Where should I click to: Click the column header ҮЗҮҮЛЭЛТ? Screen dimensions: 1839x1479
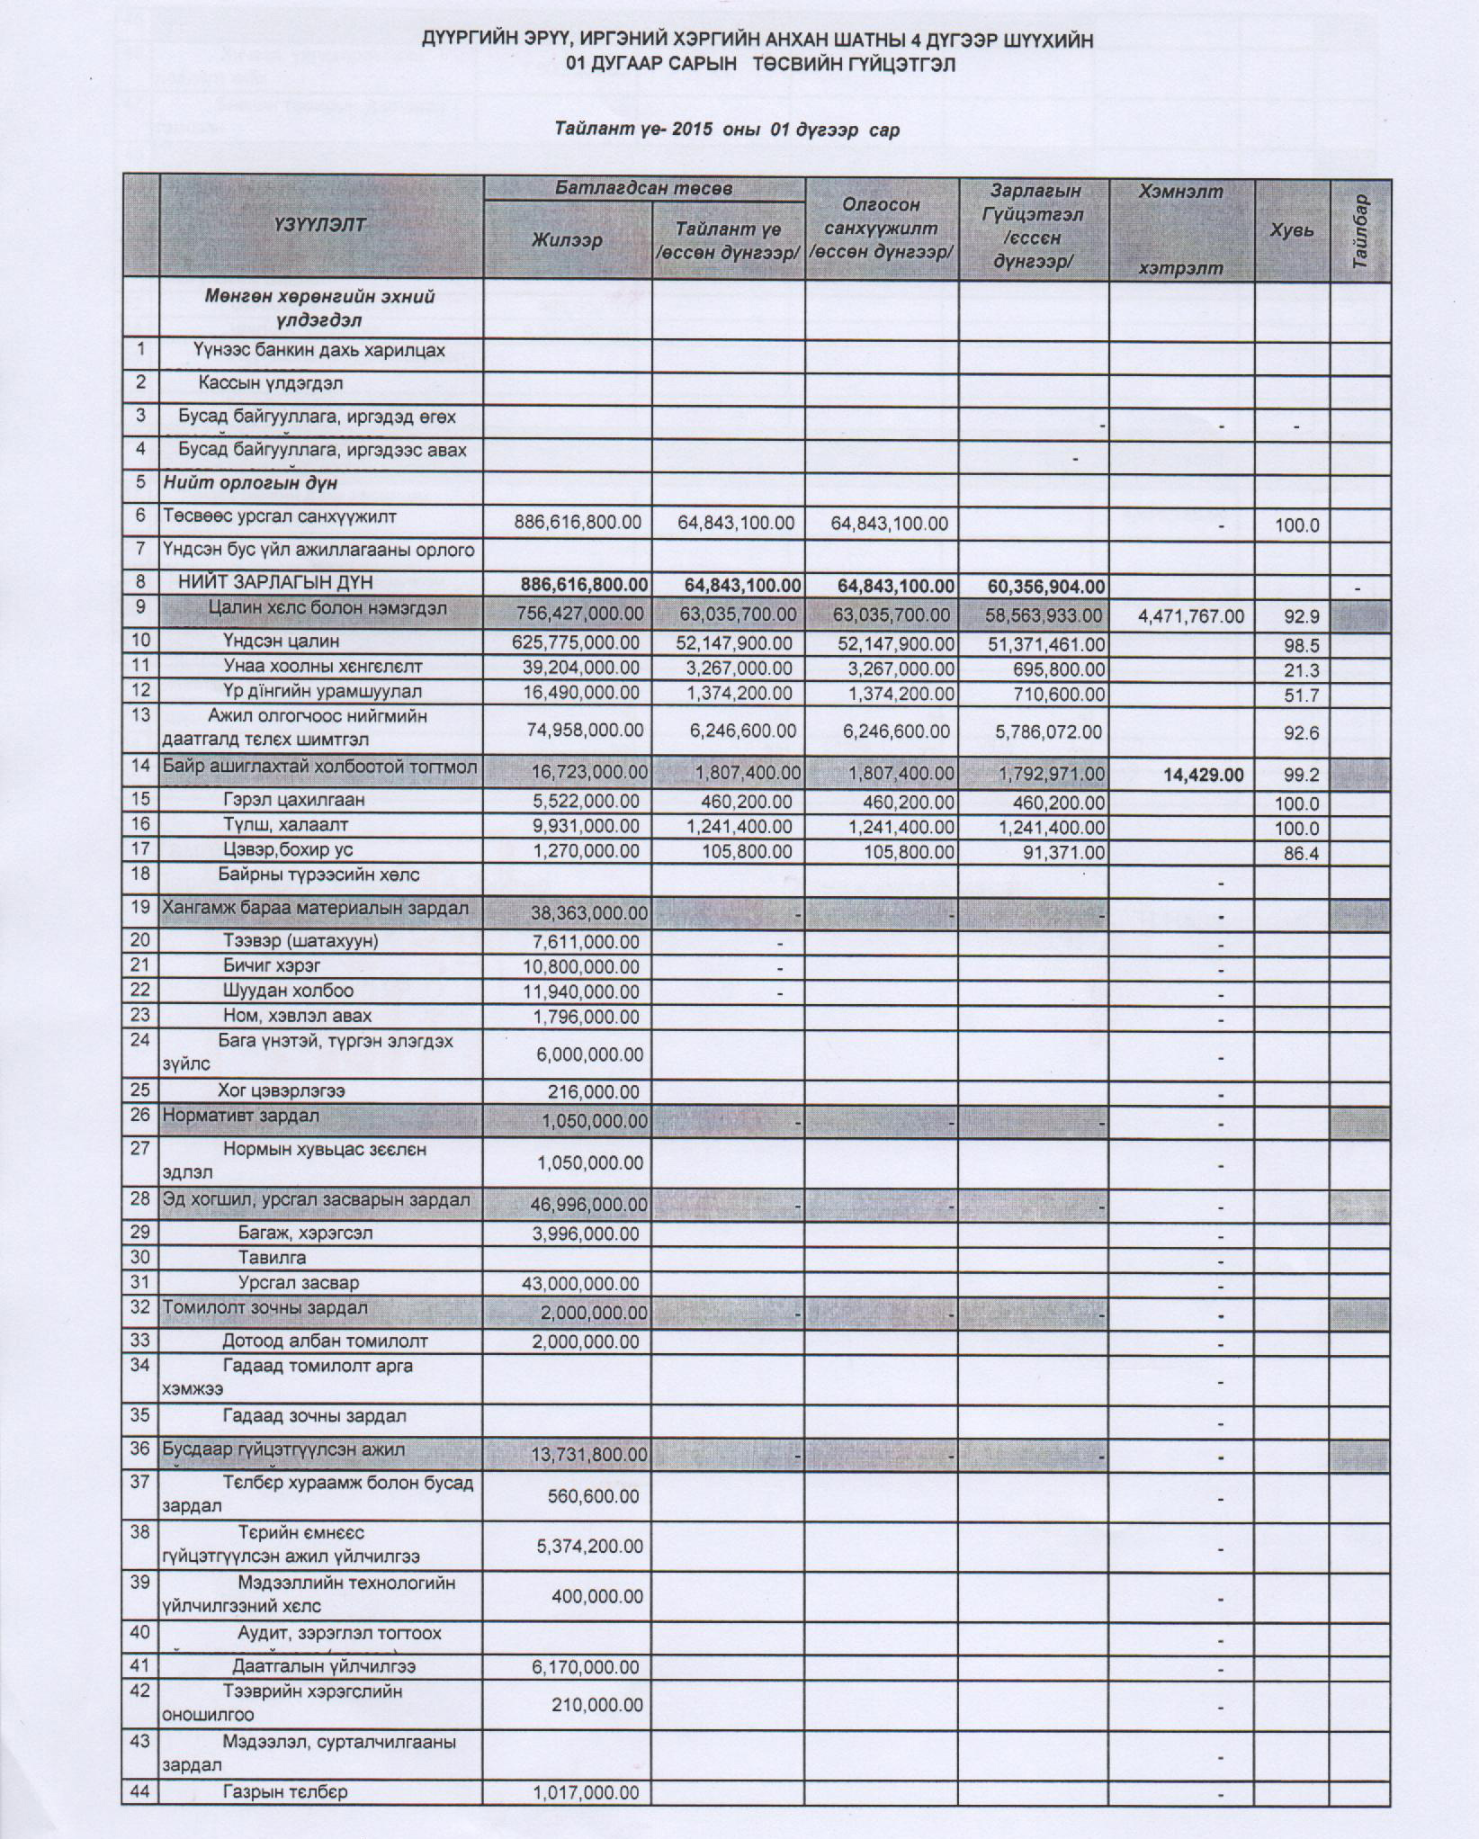coord(320,224)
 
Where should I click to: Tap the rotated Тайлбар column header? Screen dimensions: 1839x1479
coord(1359,230)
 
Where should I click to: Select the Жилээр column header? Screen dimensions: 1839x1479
coord(567,240)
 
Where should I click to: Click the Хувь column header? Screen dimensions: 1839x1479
coord(1292,230)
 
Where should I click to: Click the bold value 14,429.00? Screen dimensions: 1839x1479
coord(1204,774)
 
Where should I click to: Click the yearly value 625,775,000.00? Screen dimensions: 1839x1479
coord(576,643)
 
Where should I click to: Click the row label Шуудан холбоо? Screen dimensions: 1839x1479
coord(288,991)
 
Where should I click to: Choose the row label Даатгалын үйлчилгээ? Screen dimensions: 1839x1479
coord(324,1666)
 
